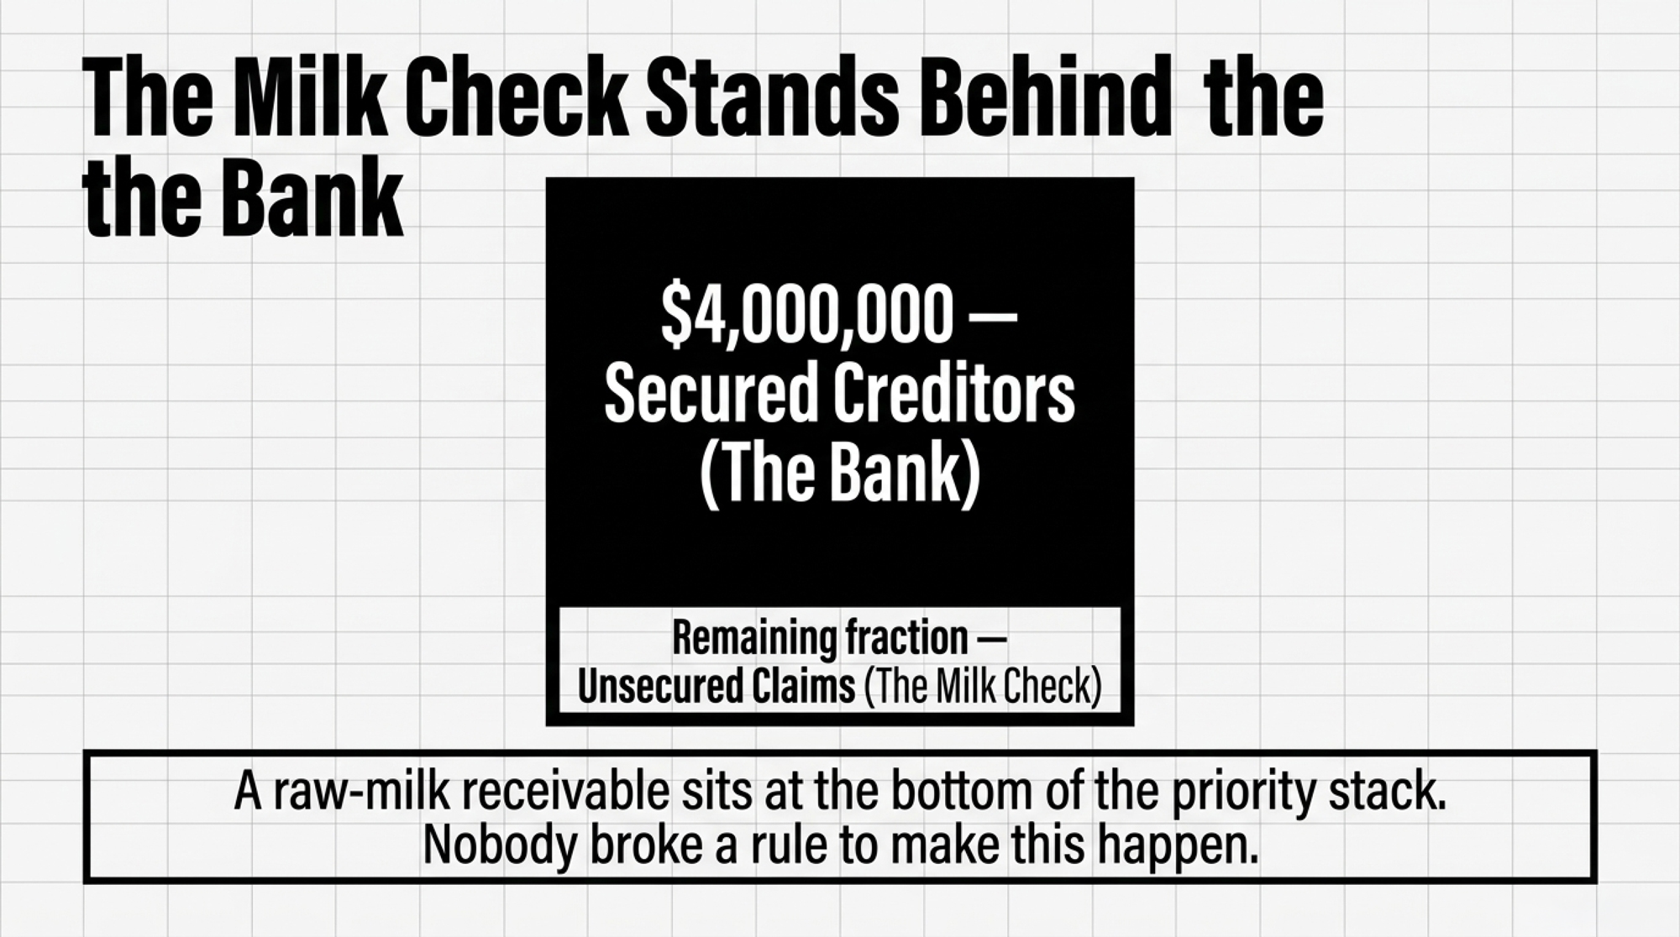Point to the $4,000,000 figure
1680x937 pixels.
807,317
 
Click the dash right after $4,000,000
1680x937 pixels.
995,318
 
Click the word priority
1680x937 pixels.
1243,794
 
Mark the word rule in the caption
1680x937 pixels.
789,845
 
